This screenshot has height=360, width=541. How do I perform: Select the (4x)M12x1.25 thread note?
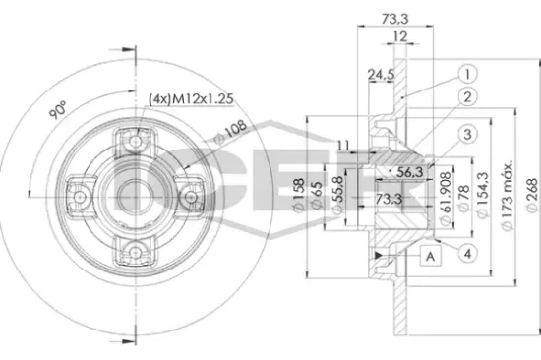tap(195, 98)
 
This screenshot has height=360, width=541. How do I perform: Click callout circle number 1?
tap(467, 72)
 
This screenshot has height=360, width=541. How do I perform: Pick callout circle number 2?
tap(467, 96)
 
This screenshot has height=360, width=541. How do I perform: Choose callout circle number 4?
tap(469, 255)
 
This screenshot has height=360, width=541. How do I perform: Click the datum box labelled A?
tap(429, 255)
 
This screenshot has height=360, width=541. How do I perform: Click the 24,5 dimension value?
tap(380, 73)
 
